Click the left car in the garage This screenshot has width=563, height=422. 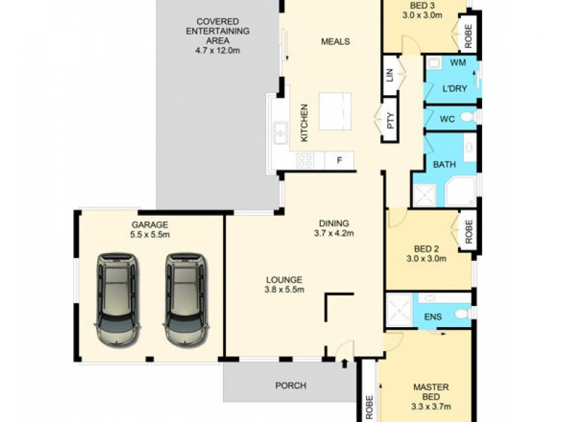click(117, 300)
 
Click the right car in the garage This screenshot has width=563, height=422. click(185, 300)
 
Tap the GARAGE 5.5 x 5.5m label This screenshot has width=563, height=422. click(149, 230)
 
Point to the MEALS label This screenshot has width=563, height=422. click(335, 41)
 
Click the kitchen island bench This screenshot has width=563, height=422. click(335, 111)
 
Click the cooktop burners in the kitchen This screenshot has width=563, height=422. click(305, 160)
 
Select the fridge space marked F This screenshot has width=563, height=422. click(339, 161)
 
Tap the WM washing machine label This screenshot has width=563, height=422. click(458, 63)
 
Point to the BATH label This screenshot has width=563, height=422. click(443, 165)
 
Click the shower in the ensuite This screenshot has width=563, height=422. click(398, 309)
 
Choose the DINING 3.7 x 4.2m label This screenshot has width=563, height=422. click(334, 229)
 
